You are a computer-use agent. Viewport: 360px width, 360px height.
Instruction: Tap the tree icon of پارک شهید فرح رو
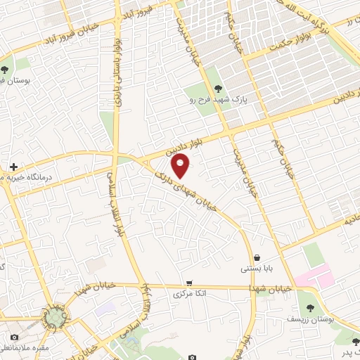tap(217, 89)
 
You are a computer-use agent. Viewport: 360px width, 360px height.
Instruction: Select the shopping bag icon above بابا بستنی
tap(257, 257)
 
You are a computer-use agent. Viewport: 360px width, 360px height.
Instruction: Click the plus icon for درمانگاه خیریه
tap(13, 167)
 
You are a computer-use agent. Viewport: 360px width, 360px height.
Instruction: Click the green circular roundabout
tap(54, 318)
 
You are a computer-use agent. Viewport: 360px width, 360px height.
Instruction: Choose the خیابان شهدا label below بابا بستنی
tap(272, 288)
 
